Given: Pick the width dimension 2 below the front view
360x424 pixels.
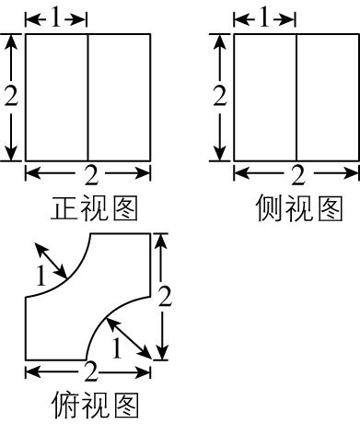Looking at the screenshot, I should point(89,175).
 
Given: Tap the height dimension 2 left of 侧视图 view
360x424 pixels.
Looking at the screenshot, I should point(219,96).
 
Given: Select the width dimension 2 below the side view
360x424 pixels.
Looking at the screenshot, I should point(297,175).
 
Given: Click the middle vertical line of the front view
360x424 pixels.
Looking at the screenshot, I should point(87,97).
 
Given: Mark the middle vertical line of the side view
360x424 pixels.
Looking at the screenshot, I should point(296,97).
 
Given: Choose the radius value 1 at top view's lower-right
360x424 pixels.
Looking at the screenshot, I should point(116,347).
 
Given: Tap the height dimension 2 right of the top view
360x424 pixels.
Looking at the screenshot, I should point(164,296).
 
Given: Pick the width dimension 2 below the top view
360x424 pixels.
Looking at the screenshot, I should point(90,372).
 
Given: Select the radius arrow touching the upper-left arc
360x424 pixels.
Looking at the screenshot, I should point(52,259).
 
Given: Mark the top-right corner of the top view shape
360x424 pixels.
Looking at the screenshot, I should point(150,234).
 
